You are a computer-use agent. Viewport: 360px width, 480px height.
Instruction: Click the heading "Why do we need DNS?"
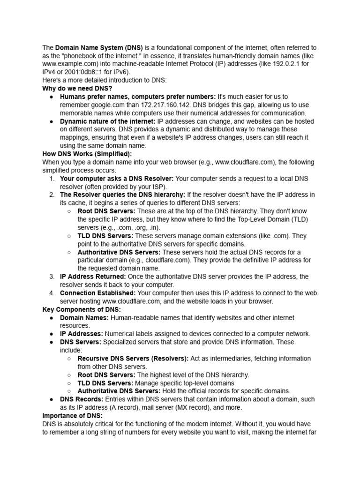pos(77,88)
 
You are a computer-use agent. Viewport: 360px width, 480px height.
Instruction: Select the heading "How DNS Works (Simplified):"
pos(87,153)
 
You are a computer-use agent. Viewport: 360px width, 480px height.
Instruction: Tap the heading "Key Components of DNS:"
pos(82,309)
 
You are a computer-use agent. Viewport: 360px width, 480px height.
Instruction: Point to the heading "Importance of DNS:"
pos(72,415)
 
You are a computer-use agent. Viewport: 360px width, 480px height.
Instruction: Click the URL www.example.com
pos(68,64)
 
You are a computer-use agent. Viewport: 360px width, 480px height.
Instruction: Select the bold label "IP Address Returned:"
pos(93,277)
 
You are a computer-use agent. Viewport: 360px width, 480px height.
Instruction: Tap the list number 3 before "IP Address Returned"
pos(52,277)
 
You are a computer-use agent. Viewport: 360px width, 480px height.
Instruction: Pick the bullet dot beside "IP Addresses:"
pos(51,334)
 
